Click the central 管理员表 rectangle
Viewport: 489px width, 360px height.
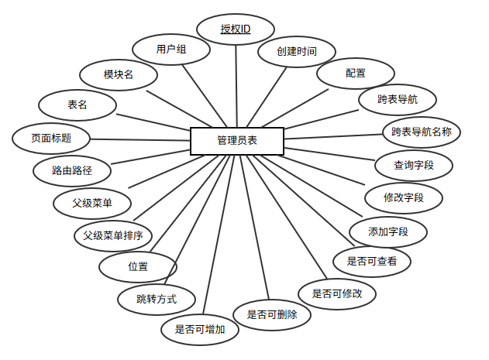[x=237, y=141]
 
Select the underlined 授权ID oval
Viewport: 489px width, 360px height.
[x=235, y=29]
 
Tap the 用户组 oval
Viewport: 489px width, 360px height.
[x=171, y=50]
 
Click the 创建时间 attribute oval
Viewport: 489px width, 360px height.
[x=296, y=53]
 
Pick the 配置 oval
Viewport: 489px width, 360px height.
[x=356, y=74]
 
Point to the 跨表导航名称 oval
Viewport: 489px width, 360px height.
[x=422, y=132]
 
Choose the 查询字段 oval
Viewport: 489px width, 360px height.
[x=413, y=164]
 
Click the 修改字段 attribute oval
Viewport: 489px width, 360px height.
[x=403, y=197]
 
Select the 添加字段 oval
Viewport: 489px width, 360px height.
[x=388, y=231]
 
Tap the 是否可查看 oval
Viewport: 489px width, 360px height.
[x=371, y=262]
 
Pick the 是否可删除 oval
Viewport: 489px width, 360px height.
[x=277, y=314]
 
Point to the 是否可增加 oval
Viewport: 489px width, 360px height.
[x=200, y=329]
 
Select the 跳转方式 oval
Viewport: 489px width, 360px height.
[x=157, y=298]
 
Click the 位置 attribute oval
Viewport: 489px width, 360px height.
[x=138, y=266]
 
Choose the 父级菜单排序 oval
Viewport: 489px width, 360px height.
[x=113, y=235]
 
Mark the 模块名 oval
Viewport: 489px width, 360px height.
[x=119, y=75]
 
